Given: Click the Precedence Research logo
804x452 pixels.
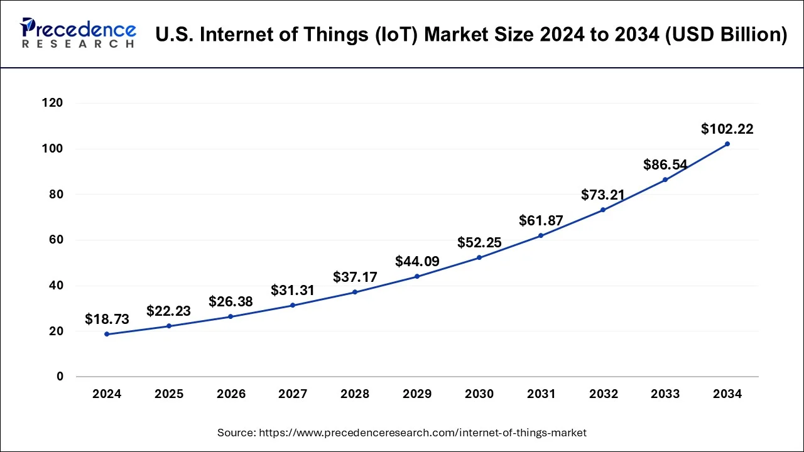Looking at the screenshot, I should [x=78, y=33].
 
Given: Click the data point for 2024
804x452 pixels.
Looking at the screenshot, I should [x=107, y=334].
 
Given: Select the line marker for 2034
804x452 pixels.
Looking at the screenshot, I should [x=727, y=144].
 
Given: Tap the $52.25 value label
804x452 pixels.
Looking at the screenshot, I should [x=479, y=242].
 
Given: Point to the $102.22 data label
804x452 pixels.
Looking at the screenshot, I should [x=727, y=129].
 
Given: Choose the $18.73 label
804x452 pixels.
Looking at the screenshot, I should [x=107, y=319].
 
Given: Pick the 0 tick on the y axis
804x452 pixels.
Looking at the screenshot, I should [x=60, y=377].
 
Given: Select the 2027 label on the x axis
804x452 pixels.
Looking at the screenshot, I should [x=293, y=394].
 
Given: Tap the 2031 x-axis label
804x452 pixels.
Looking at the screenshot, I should [x=541, y=394].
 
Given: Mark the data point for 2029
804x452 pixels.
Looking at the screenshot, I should [x=417, y=276].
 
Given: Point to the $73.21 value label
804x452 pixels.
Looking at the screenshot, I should [x=603, y=195].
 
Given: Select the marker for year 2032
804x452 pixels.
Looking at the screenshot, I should [x=603, y=210].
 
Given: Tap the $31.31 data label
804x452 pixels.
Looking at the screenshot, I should [x=293, y=290].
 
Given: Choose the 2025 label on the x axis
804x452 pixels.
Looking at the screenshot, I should [x=169, y=394].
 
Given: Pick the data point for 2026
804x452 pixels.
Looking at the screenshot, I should [x=231, y=316].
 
